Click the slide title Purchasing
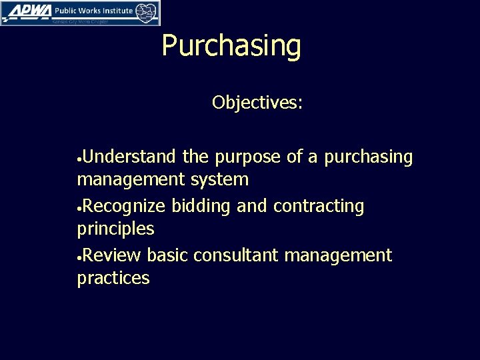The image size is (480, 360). click(231, 47)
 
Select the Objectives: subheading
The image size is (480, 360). click(257, 103)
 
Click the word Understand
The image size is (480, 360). click(131, 157)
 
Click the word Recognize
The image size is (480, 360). click(126, 207)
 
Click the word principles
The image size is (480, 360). click(115, 229)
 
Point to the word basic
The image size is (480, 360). click(168, 255)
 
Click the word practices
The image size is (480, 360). click(113, 278)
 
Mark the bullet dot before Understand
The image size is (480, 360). click(80, 159)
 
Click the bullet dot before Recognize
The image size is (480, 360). click(80, 209)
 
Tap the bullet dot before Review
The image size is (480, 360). click(80, 257)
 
